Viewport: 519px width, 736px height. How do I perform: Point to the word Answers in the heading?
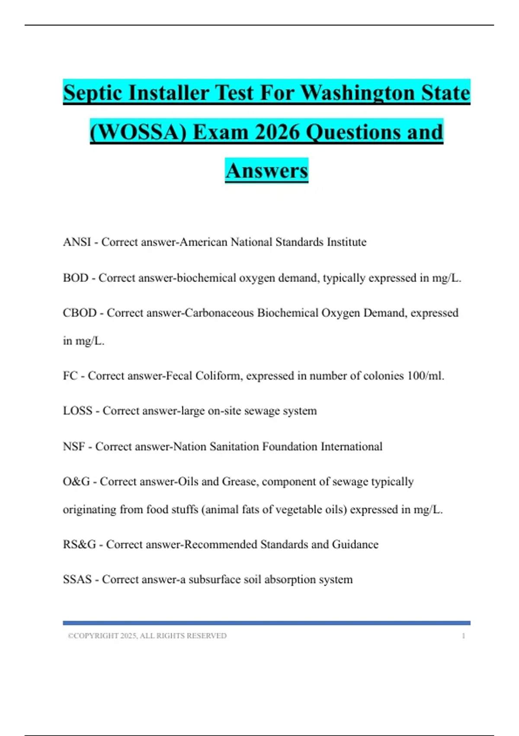click(x=266, y=171)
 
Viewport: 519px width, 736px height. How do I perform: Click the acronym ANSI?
click(x=77, y=242)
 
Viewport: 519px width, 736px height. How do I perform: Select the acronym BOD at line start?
click(x=75, y=278)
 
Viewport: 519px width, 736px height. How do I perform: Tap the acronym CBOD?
click(x=80, y=313)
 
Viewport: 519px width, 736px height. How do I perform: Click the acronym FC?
click(x=70, y=376)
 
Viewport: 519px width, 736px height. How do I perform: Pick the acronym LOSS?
click(x=77, y=411)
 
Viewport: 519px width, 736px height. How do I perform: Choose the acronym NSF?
click(x=74, y=446)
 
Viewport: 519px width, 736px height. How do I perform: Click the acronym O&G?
click(x=76, y=482)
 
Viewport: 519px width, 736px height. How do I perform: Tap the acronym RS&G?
click(x=79, y=545)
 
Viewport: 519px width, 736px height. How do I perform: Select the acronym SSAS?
click(x=77, y=580)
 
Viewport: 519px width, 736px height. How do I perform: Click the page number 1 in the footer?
click(x=463, y=636)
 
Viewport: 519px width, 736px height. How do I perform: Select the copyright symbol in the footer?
click(x=70, y=636)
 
